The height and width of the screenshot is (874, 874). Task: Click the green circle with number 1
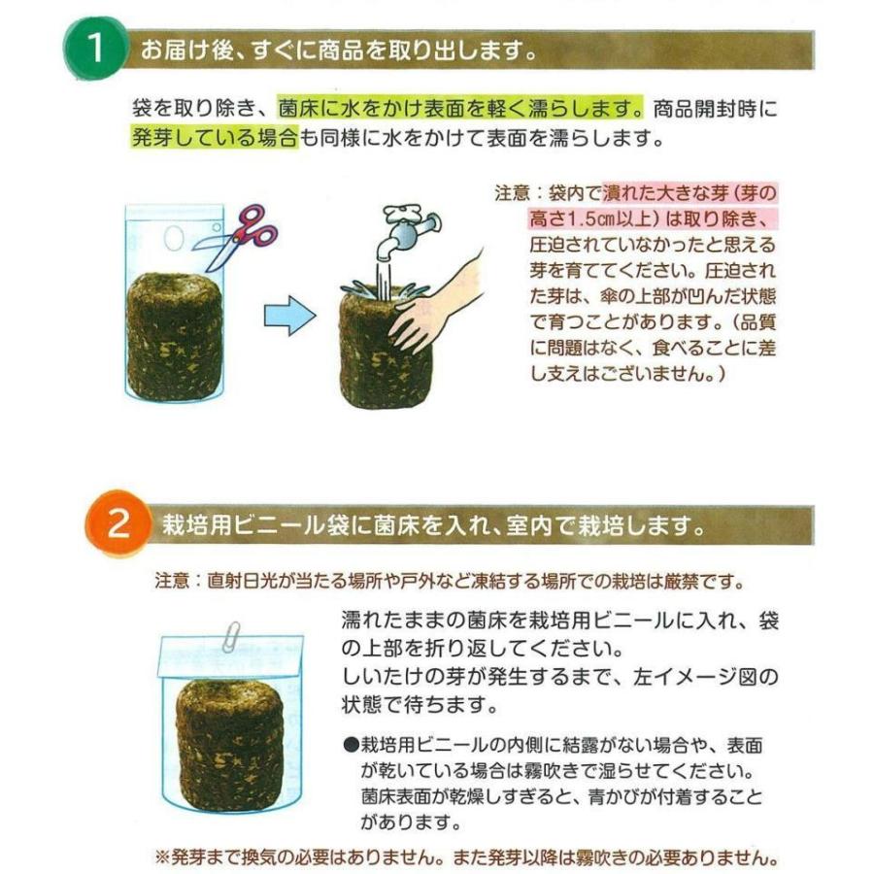click(96, 49)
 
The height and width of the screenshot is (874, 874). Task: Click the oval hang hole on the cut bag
click(173, 236)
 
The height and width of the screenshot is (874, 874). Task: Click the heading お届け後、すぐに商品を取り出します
click(338, 50)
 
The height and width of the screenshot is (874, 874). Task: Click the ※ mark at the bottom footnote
click(162, 858)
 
